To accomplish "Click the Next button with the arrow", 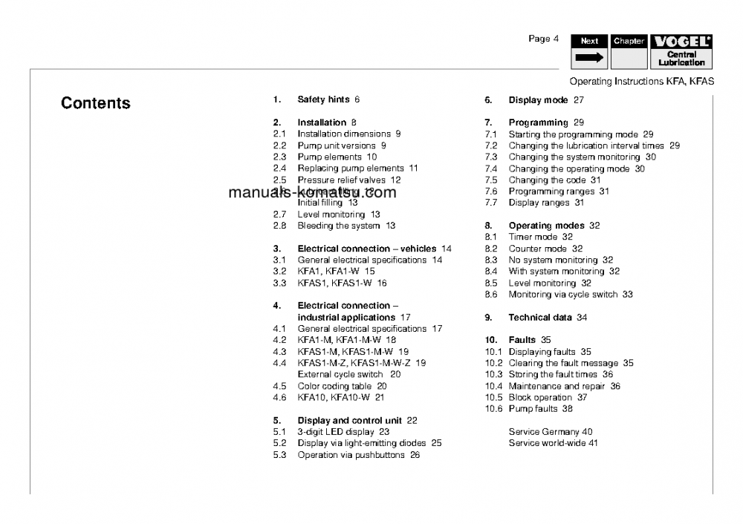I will coord(590,51).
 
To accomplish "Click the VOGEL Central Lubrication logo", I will coord(681,51).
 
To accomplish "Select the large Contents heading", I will coord(96,103).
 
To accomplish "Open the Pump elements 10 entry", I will coord(337,157).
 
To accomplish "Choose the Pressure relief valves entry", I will coord(348,180).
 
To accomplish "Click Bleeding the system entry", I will coord(346,226).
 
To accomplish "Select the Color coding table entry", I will coord(342,386).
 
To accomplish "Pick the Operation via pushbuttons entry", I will coord(358,455).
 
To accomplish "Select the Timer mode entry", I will coord(540,237).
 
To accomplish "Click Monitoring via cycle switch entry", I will coord(570,295).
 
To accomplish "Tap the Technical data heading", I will coord(548,318).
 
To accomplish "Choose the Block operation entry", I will coord(548,398).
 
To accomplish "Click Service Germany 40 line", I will coord(551,432).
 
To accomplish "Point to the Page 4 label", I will coord(539,39).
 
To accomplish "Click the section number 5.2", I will coord(279,443).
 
